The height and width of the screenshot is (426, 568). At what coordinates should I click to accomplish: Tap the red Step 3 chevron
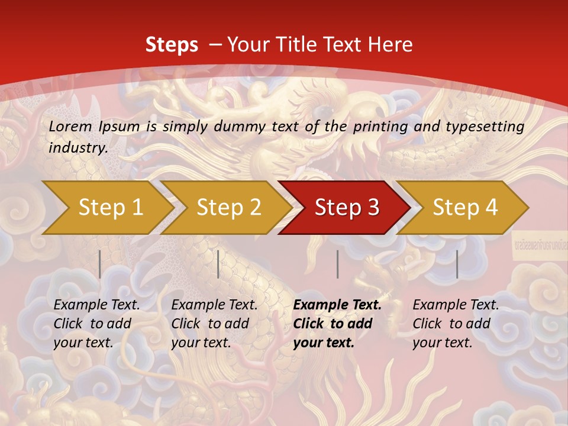pos(347,207)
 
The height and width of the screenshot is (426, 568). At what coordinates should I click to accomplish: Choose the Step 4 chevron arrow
pos(465,207)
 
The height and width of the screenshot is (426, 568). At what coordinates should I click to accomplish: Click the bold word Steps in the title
pos(172,44)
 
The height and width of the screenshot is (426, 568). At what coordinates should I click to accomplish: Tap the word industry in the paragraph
pos(78,147)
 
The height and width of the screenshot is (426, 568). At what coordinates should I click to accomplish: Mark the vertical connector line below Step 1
pos(100,264)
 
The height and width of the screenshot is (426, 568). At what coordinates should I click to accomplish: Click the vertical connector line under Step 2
pos(218,264)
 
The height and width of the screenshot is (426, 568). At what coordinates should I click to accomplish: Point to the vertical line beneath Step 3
pos(337,264)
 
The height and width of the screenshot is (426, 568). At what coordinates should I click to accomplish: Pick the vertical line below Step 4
pos(457,264)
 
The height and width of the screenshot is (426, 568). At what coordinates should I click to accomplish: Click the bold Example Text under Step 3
pos(337,305)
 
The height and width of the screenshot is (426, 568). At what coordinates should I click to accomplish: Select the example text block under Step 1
pos(96,324)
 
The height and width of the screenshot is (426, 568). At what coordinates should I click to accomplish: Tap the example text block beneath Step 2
pos(214,324)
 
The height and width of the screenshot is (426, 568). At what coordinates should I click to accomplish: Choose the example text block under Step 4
pos(456,324)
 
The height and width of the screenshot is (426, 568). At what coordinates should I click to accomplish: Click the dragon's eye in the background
pos(322,111)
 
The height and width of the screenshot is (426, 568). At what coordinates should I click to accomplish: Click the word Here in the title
pos(392,44)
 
